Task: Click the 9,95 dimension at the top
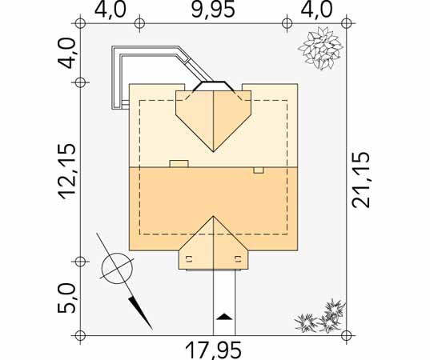point(213,10)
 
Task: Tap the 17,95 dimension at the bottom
point(214,350)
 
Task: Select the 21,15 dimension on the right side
point(361,180)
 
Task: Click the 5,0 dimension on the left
point(66,298)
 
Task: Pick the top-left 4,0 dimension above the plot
point(111,10)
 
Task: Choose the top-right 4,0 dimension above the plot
point(316,10)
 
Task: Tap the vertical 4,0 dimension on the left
point(66,53)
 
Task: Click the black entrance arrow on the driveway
point(224,317)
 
